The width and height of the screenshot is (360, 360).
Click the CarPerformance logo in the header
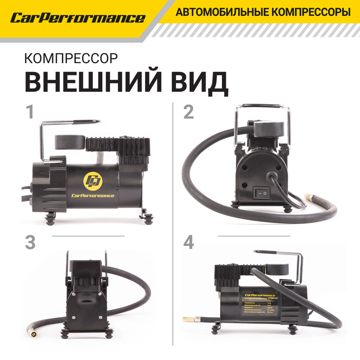77,18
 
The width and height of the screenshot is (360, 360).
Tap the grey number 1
29,112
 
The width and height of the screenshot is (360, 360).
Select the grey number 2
189,112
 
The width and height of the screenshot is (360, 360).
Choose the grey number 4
189,243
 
